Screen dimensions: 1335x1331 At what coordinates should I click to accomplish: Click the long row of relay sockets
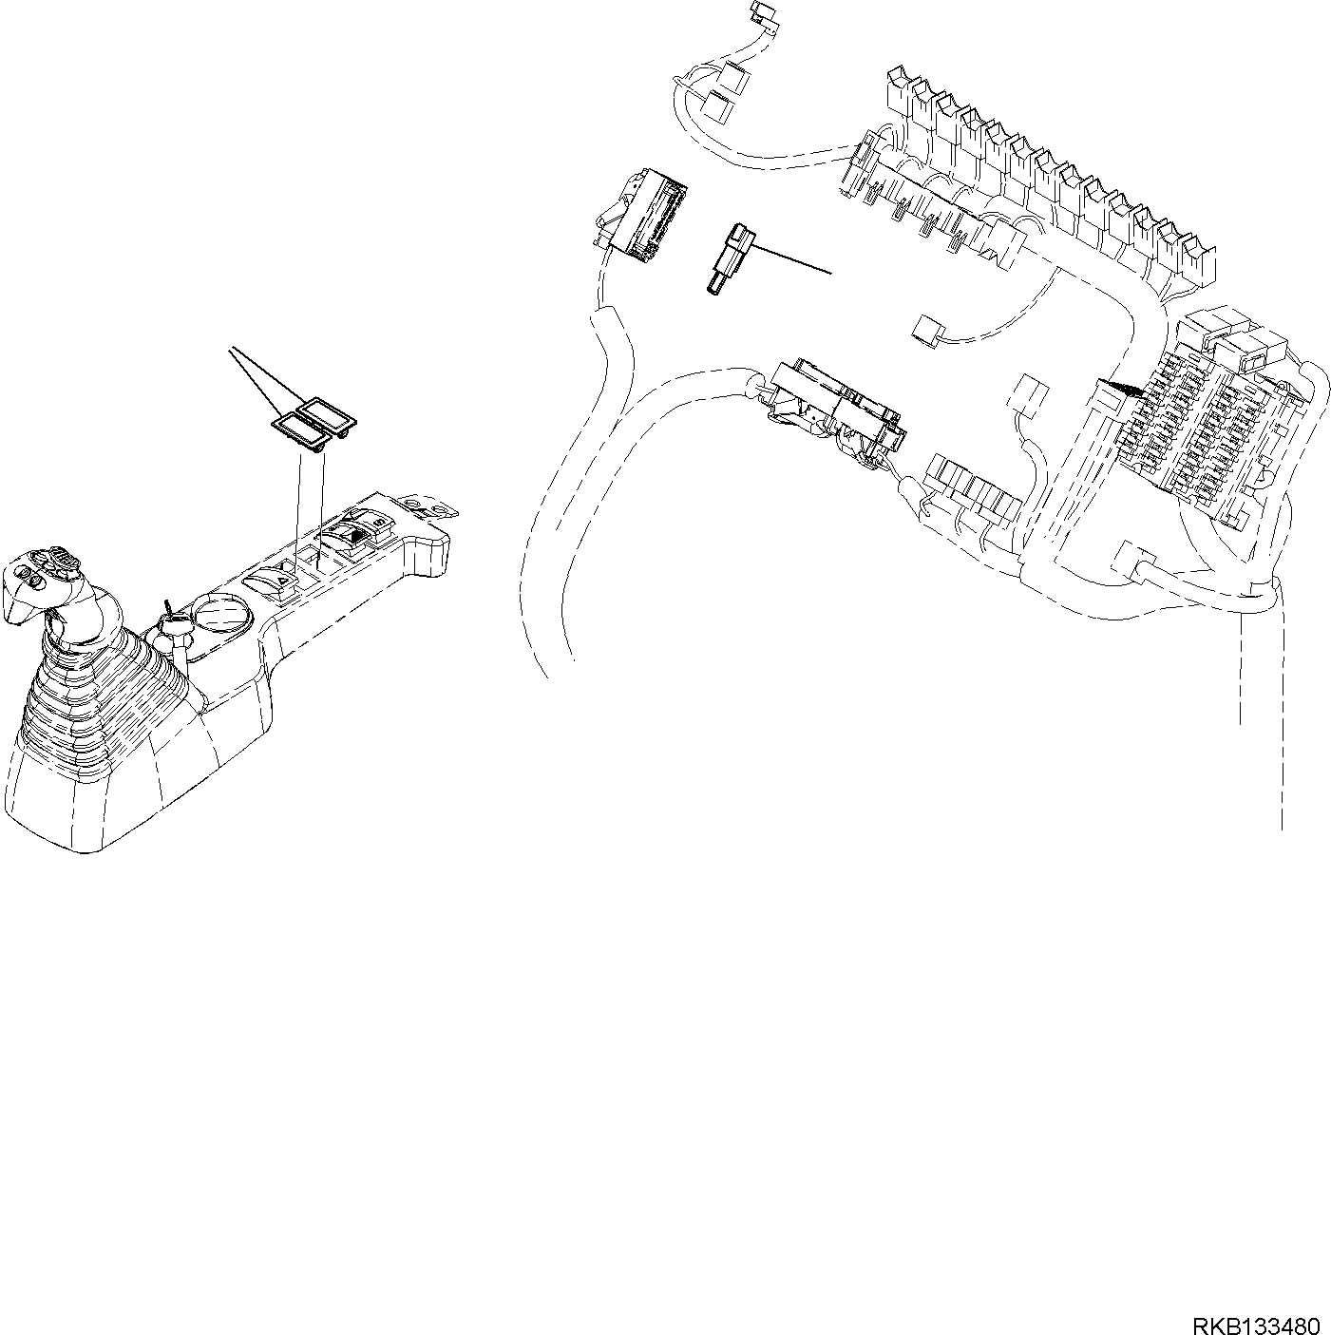pos(1036,181)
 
